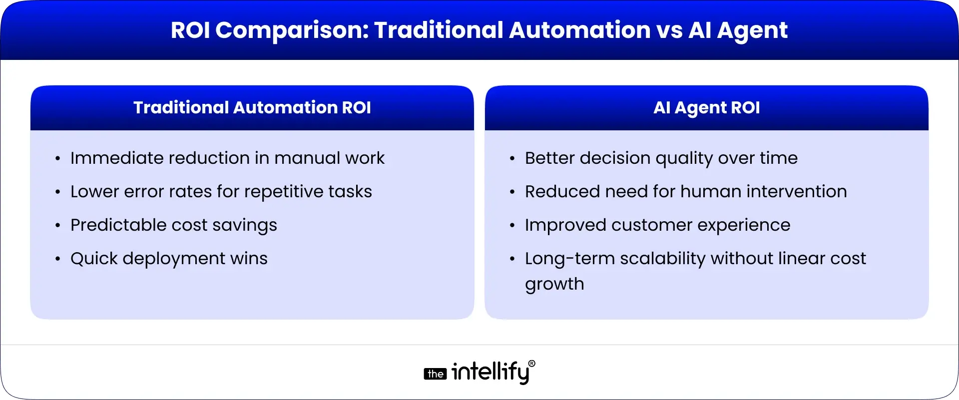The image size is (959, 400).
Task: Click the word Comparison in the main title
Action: pyautogui.click(x=292, y=31)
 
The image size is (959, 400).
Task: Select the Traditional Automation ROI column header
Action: pyautogui.click(x=252, y=107)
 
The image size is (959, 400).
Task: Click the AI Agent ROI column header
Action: pyautogui.click(x=707, y=108)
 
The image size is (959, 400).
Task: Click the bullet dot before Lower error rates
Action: pyautogui.click(x=58, y=192)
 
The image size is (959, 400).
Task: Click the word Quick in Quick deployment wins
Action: pyautogui.click(x=94, y=259)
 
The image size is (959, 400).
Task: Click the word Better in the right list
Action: pyautogui.click(x=550, y=158)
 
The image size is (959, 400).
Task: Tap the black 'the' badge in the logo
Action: pyautogui.click(x=435, y=374)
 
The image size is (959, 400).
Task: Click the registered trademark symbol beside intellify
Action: pyautogui.click(x=531, y=364)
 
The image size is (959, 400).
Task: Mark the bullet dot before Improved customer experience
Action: pyautogui.click(x=512, y=226)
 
